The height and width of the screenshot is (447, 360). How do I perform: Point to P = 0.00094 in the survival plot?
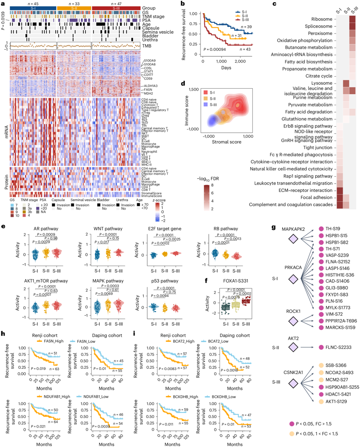pos(217,50)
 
